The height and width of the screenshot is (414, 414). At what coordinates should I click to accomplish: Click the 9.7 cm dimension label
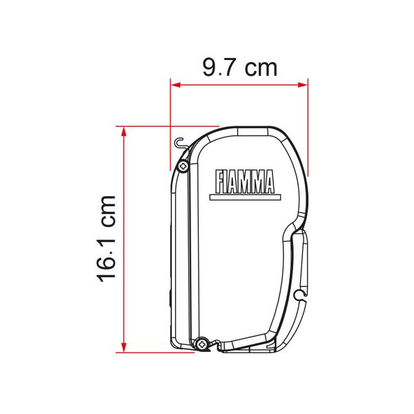tap(239, 68)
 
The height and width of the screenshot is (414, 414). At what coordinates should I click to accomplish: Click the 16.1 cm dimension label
tap(106, 239)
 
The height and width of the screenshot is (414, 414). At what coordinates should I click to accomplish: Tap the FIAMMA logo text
tap(245, 181)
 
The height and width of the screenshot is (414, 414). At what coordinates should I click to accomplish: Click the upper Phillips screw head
tap(183, 166)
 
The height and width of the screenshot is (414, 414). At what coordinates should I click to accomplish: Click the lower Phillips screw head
tap(202, 344)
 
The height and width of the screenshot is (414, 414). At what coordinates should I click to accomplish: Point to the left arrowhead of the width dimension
tap(175, 85)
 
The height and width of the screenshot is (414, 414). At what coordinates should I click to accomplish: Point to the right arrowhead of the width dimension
tap(303, 85)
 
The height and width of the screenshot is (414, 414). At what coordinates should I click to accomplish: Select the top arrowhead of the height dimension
tap(124, 132)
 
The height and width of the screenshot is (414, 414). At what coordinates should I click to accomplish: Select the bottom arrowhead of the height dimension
tap(124, 348)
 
